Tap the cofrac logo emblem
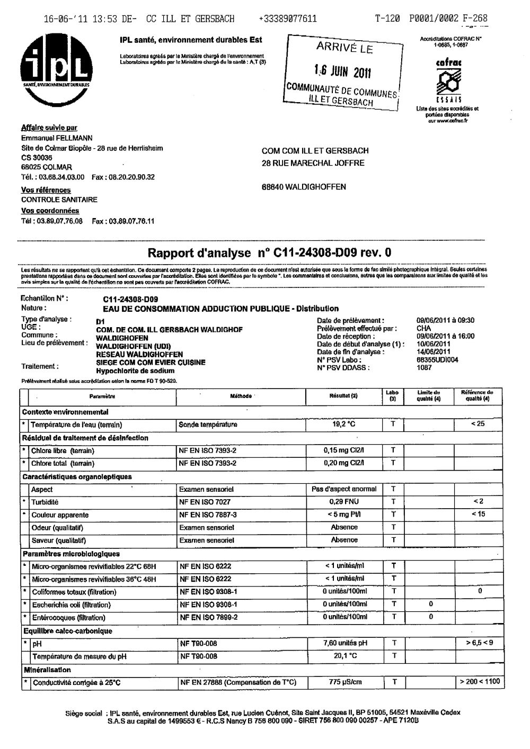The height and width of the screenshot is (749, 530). point(448,82)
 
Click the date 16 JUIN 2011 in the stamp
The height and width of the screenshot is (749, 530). point(342,71)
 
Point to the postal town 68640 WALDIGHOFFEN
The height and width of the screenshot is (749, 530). point(304,187)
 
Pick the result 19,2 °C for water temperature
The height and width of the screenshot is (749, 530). point(343,425)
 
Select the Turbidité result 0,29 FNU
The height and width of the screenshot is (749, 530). point(343,502)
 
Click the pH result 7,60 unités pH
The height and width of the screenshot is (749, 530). point(345,643)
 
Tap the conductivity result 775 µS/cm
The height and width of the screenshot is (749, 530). point(344,682)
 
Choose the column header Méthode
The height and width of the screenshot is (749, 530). point(241,396)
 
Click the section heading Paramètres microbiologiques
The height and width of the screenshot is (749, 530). point(70,554)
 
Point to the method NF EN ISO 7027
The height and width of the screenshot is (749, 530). point(205,502)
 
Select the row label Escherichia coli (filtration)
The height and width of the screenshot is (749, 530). point(71,604)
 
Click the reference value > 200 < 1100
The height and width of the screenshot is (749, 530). point(479,682)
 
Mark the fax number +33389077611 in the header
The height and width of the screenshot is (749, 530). point(288,19)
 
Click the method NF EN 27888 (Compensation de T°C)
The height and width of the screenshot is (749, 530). point(237,682)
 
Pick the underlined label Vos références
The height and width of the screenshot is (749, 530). point(46,190)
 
